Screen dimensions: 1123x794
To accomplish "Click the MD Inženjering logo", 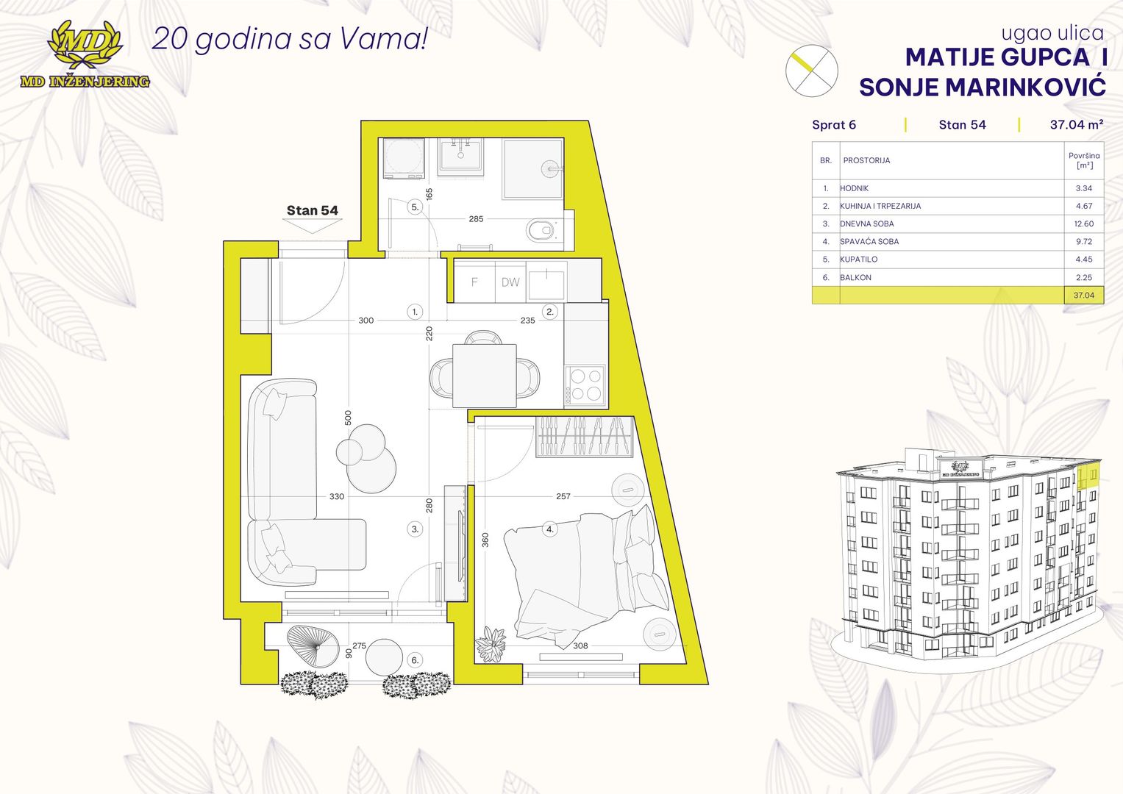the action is tap(85, 54).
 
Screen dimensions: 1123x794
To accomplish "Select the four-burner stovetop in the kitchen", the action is tap(585, 385).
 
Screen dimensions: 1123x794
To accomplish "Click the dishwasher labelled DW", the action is tap(510, 282).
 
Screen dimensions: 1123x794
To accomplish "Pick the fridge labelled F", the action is tap(474, 282).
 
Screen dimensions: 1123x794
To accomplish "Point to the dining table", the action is tap(485, 376).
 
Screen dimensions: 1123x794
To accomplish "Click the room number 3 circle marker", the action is tap(415, 529).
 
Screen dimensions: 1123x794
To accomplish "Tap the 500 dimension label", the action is tap(349, 418).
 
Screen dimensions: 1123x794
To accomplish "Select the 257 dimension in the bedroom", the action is tap(563, 496).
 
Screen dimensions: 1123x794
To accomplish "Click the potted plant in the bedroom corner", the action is tap(491, 644).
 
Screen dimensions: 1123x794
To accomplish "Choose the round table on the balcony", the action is tap(384, 657).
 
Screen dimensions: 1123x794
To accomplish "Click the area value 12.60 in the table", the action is tap(1084, 223).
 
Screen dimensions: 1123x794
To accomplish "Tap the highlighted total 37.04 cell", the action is tap(1084, 296).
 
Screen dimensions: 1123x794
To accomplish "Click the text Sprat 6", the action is tap(834, 125).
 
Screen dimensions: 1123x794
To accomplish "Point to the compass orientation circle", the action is tap(811, 70).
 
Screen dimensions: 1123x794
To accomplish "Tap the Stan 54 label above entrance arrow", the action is tap(313, 210).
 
